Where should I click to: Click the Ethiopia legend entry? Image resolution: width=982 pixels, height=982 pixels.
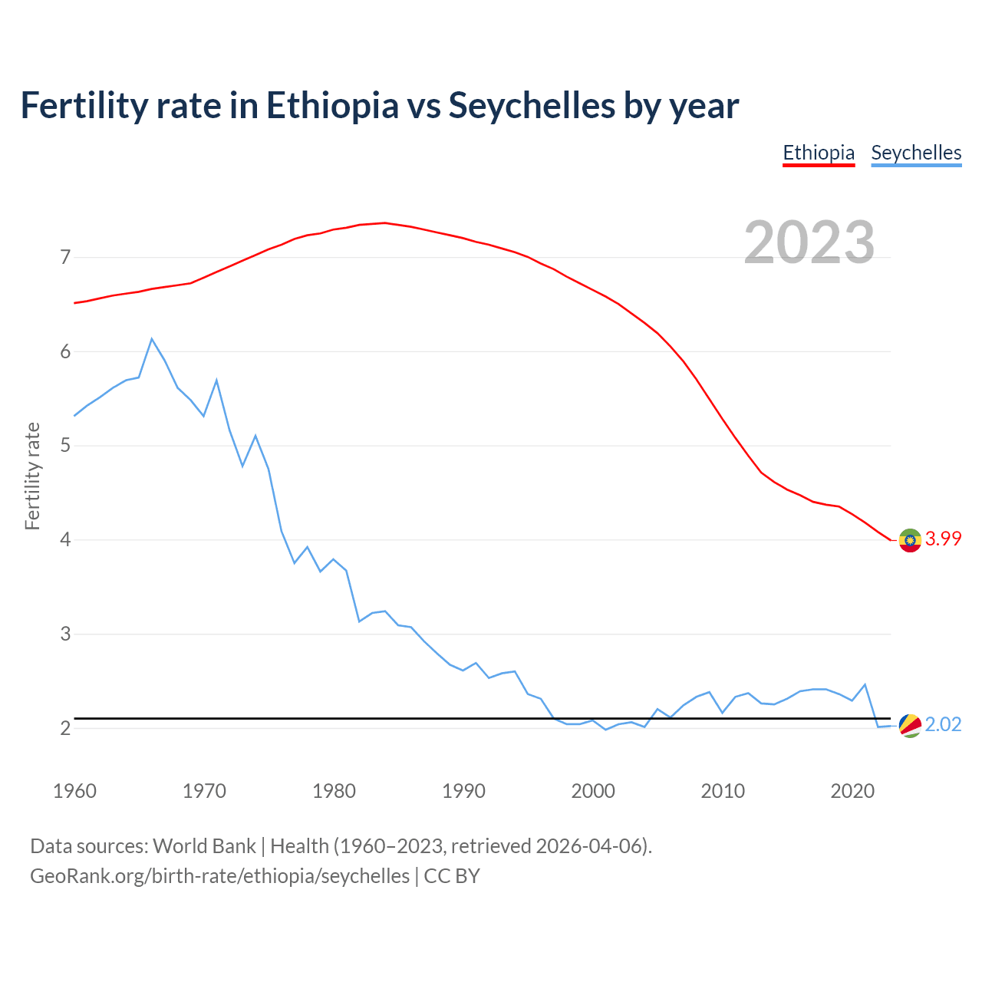tap(819, 153)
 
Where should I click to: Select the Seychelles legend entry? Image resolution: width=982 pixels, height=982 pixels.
tap(916, 153)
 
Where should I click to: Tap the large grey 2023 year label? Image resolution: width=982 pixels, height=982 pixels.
tap(809, 242)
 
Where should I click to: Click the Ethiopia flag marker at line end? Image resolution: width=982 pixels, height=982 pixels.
tap(910, 540)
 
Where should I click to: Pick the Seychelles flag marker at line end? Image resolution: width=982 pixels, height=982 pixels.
tap(910, 725)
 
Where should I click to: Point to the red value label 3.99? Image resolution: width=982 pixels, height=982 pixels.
tap(943, 539)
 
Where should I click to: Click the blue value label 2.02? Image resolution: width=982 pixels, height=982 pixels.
tap(943, 725)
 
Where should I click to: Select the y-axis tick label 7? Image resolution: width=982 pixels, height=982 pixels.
tap(65, 257)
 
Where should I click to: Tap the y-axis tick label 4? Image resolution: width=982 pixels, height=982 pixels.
tap(65, 540)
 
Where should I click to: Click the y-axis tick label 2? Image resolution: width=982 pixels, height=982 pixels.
tap(65, 728)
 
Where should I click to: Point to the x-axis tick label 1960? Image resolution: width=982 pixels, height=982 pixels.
tap(74, 791)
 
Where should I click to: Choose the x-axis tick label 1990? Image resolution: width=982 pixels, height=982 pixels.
tap(463, 791)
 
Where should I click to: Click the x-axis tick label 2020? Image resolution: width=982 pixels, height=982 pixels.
tap(852, 791)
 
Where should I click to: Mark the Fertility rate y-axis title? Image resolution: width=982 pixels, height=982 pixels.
tap(32, 476)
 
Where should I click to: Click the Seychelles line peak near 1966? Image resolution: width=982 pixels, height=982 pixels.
tap(152, 339)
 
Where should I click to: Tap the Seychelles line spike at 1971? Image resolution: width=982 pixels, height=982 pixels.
tap(216, 381)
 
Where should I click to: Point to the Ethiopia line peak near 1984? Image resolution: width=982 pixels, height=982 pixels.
tap(385, 223)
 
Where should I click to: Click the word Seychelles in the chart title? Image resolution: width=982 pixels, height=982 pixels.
tap(532, 106)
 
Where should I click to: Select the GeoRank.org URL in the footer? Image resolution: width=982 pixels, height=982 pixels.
tap(219, 875)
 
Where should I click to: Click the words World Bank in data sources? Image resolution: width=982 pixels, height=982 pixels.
tap(204, 846)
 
